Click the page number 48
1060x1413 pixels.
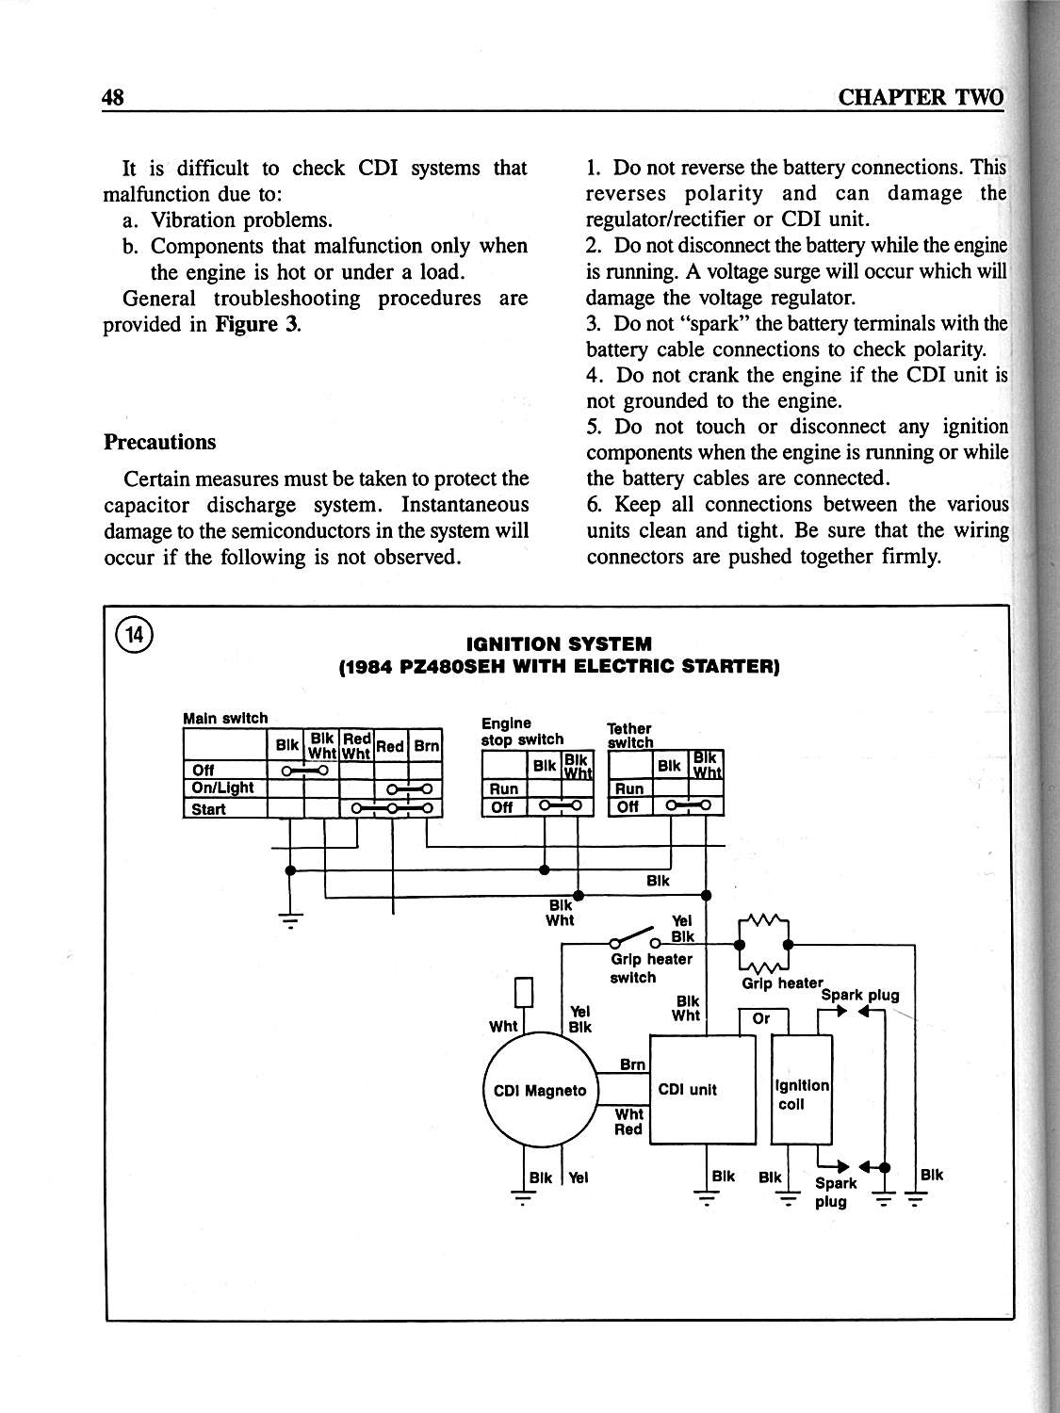click(113, 98)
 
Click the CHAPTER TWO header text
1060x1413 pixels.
click(921, 98)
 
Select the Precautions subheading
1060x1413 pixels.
click(159, 442)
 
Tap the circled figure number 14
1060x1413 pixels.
click(135, 635)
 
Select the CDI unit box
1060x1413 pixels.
click(703, 1090)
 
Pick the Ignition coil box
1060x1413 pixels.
click(801, 1090)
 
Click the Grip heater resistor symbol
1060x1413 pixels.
click(764, 945)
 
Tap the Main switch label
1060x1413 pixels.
click(225, 719)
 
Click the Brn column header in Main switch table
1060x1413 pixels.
click(426, 746)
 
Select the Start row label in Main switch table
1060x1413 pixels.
click(208, 809)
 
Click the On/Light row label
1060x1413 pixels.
click(222, 788)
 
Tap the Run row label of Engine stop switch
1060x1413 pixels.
click(504, 788)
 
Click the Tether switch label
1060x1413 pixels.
click(630, 735)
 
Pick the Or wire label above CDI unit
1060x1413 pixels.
click(760, 1018)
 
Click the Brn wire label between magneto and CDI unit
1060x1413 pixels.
click(632, 1064)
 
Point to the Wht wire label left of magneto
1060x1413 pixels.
click(502, 1026)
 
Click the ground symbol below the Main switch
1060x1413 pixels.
click(290, 920)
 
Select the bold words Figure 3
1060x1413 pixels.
click(257, 324)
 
